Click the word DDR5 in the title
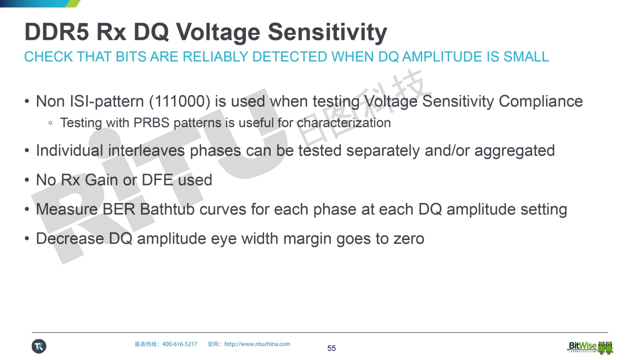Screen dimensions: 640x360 click(56, 31)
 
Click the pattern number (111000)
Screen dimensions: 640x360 click(179, 101)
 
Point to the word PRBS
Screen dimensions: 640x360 click(151, 123)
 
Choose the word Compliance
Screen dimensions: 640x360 click(540, 101)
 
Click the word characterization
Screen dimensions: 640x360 click(343, 123)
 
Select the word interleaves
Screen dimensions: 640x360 click(146, 150)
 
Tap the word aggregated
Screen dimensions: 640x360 click(514, 151)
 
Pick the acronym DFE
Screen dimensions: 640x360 click(157, 180)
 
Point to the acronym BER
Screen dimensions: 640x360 click(118, 209)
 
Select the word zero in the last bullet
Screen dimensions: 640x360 click(408, 239)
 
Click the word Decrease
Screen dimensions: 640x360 click(70, 238)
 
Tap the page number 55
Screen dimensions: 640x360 click(331, 348)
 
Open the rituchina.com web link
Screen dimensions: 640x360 click(257, 344)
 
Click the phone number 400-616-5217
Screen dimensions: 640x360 click(179, 344)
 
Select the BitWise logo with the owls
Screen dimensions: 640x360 click(590, 347)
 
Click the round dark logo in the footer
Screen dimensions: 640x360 click(39, 346)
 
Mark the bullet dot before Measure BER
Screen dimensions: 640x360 click(27, 209)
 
